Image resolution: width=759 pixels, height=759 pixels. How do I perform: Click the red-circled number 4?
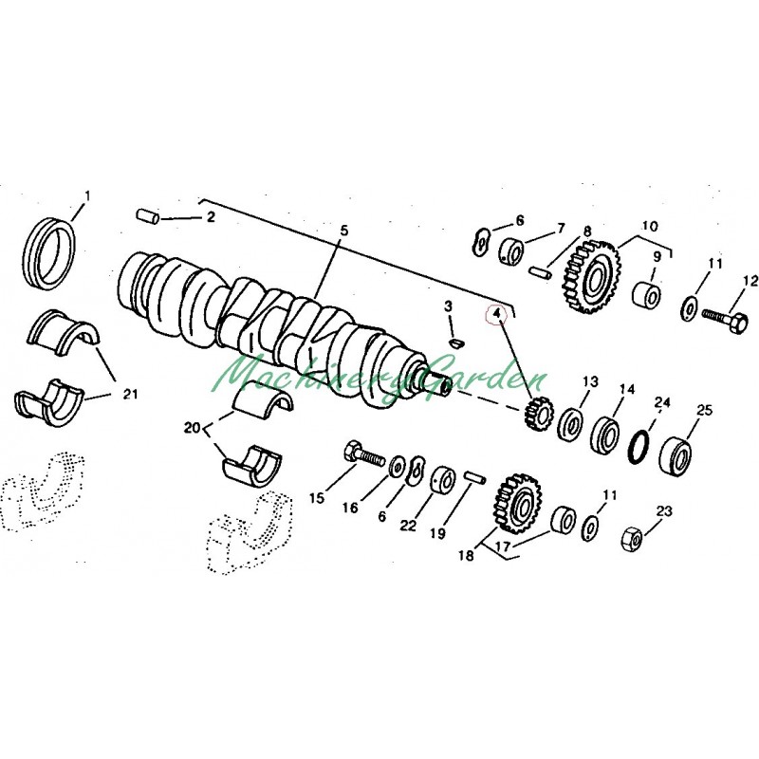click(x=496, y=313)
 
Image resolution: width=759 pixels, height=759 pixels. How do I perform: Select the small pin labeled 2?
click(x=147, y=216)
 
